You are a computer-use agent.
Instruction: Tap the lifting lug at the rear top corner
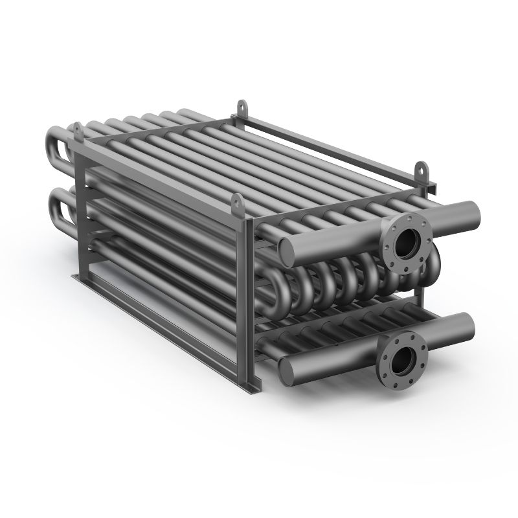[x=242, y=105]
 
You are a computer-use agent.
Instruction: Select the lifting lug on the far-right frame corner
[x=422, y=170]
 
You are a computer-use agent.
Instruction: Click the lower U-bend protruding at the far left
[x=55, y=203]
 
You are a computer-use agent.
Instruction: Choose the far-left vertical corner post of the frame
[x=78, y=214]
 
